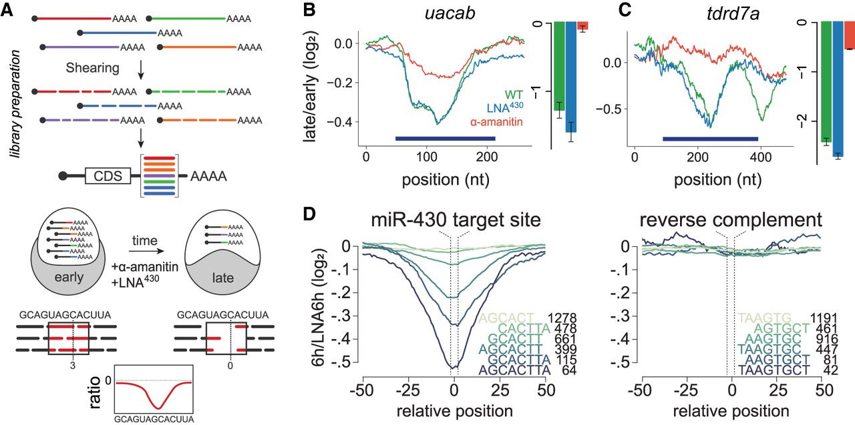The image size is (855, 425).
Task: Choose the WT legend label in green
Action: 512,97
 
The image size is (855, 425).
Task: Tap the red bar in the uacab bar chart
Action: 582,26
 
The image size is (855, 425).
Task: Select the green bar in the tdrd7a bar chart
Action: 826,81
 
